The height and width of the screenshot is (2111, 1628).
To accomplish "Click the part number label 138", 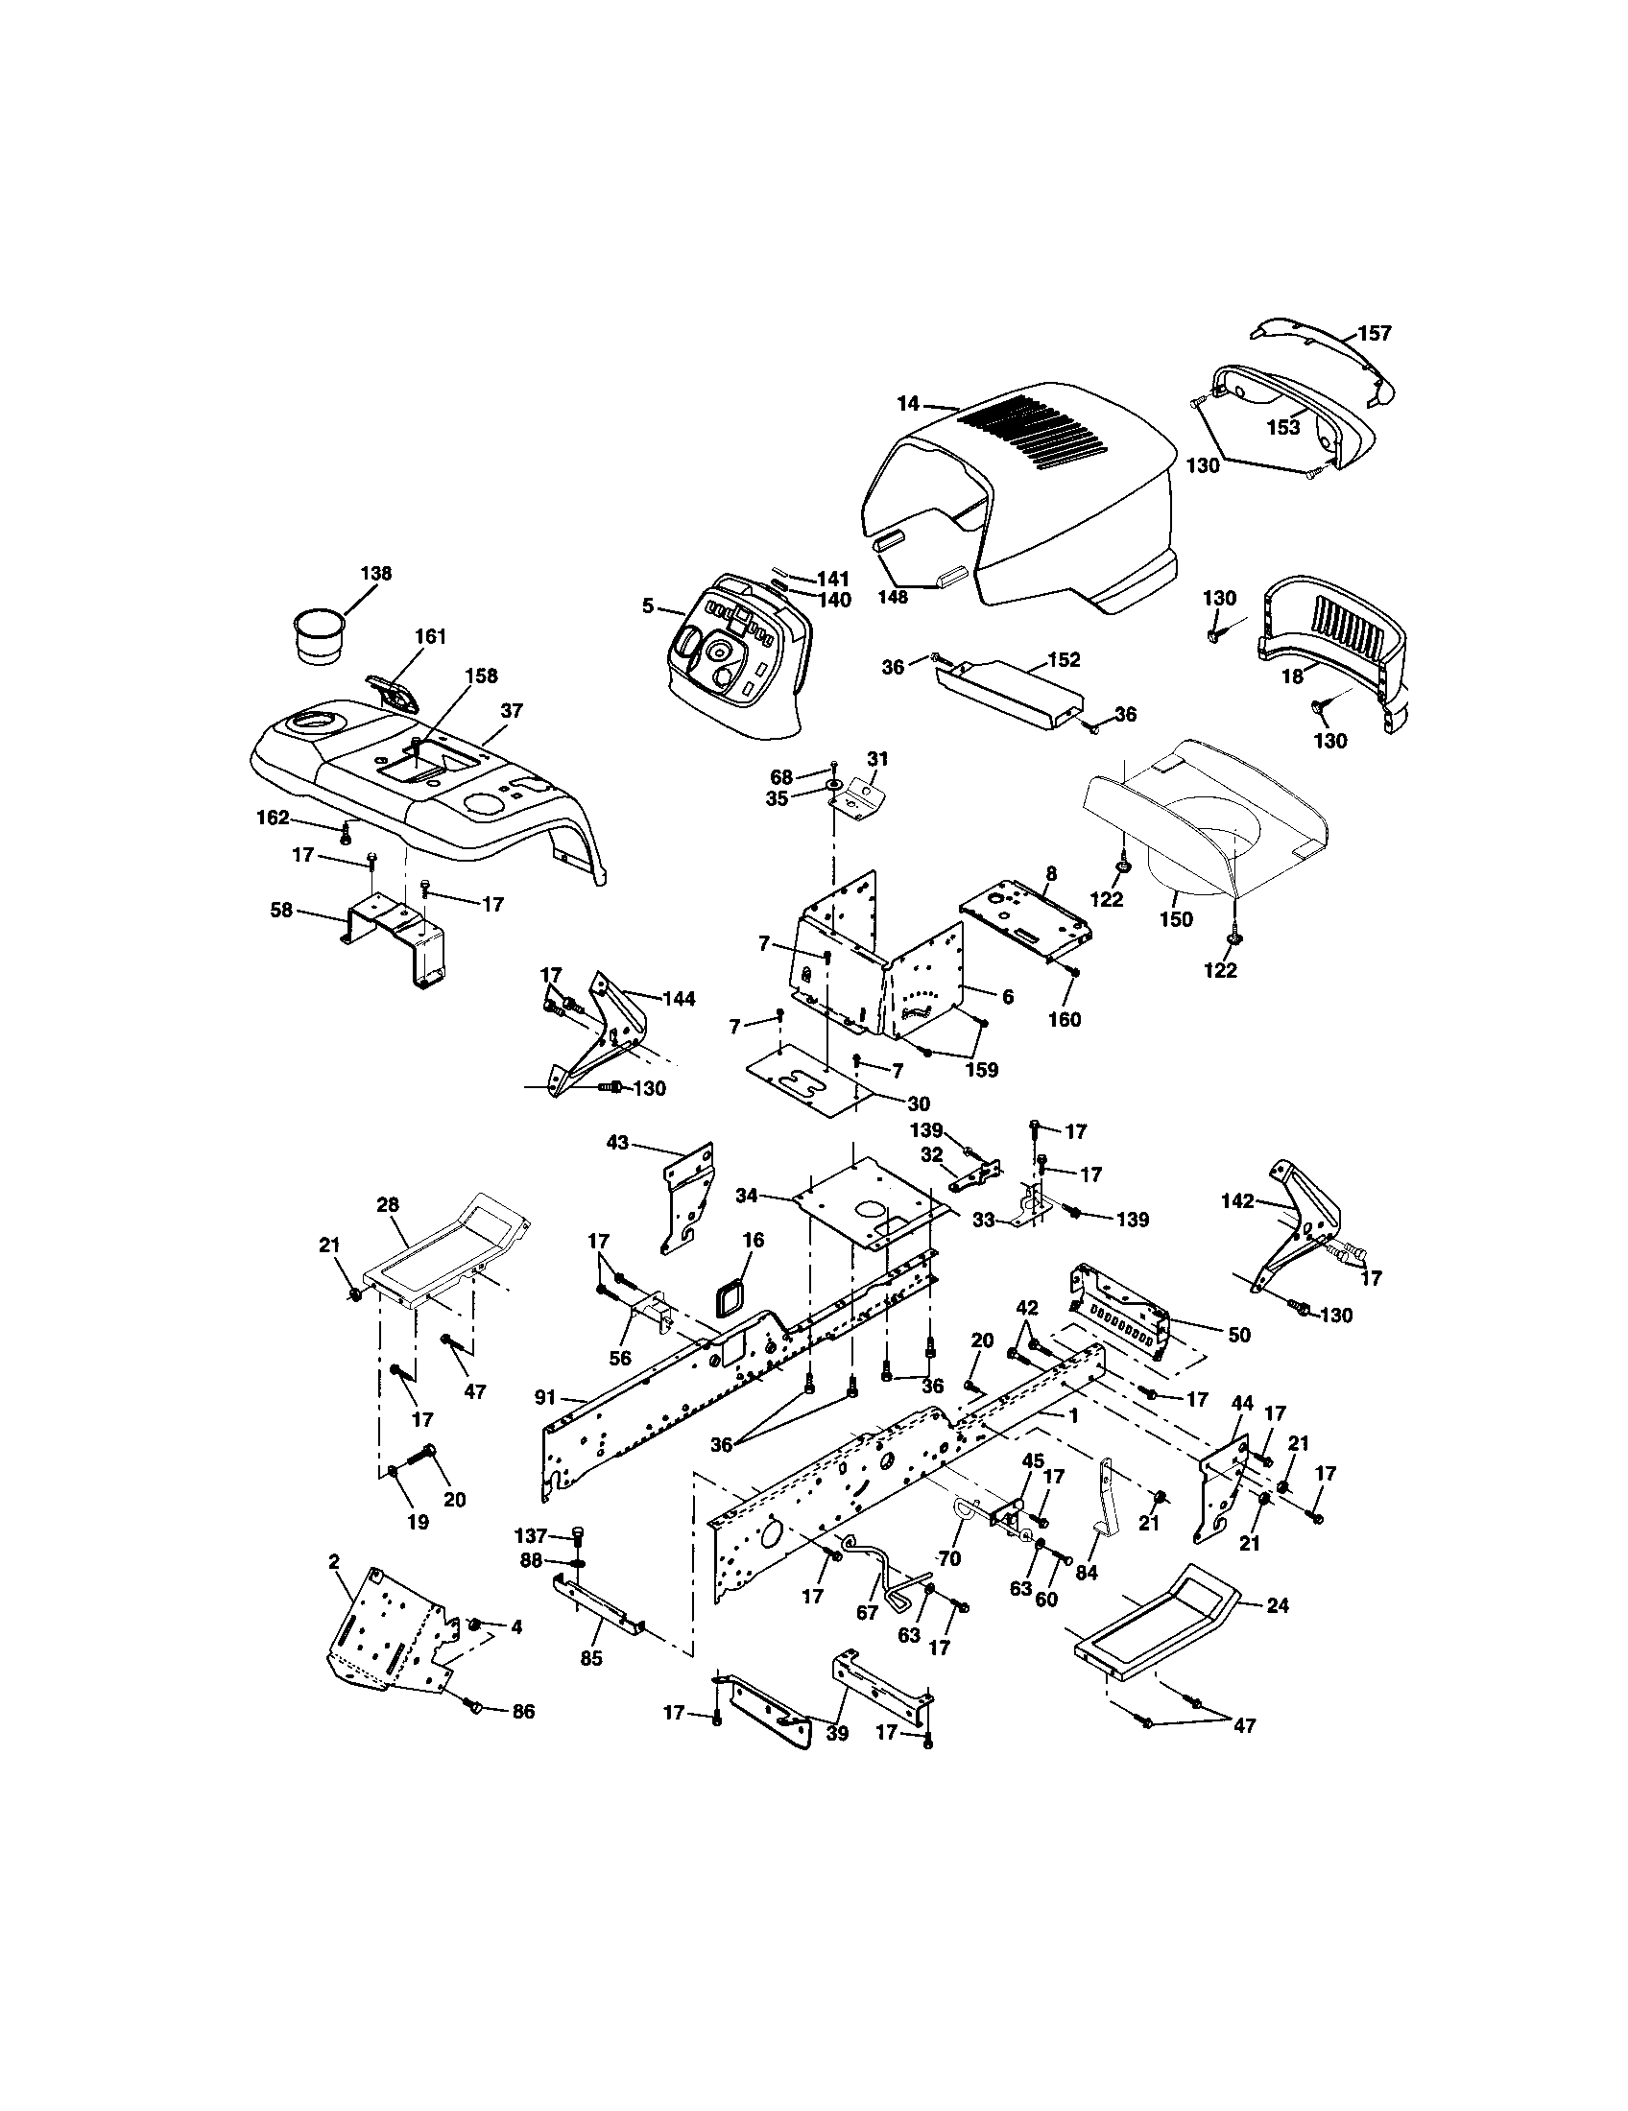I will tap(375, 573).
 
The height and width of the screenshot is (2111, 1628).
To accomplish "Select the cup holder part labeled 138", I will tap(320, 636).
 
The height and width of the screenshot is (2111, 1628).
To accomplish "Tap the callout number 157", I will tap(1374, 334).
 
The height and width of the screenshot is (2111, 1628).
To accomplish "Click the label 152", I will tap(1064, 660).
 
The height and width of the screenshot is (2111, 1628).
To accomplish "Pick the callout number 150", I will tap(1177, 919).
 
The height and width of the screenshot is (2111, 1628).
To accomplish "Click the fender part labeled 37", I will tap(416, 783).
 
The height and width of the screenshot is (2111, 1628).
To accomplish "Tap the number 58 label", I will tap(281, 910).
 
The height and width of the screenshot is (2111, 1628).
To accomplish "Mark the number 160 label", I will tap(1065, 1020).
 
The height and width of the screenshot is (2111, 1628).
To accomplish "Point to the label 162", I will tap(272, 818).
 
